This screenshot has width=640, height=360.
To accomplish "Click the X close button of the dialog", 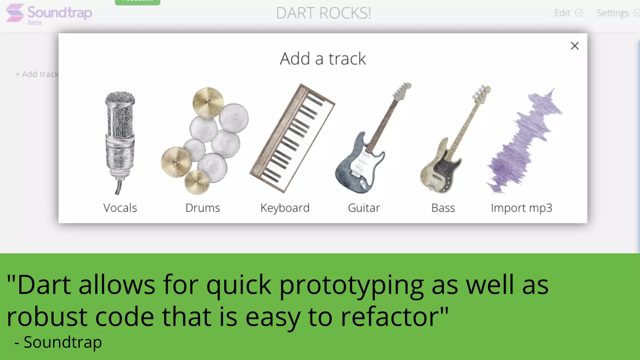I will [574, 46].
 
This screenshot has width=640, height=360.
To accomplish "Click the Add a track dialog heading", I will [322, 59].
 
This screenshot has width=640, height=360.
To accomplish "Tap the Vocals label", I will [120, 208].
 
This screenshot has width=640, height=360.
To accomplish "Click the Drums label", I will [202, 208].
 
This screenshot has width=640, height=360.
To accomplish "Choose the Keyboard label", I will [285, 208].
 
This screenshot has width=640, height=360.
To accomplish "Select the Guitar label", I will [364, 208].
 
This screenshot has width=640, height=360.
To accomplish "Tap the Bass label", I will [443, 208].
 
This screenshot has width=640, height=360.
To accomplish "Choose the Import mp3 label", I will [521, 208].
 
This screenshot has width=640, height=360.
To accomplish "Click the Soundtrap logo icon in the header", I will [15, 13].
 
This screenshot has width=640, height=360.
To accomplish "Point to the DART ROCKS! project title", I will [323, 13].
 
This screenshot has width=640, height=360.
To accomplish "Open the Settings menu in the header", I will [616, 13].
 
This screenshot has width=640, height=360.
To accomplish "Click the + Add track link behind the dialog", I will [37, 74].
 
